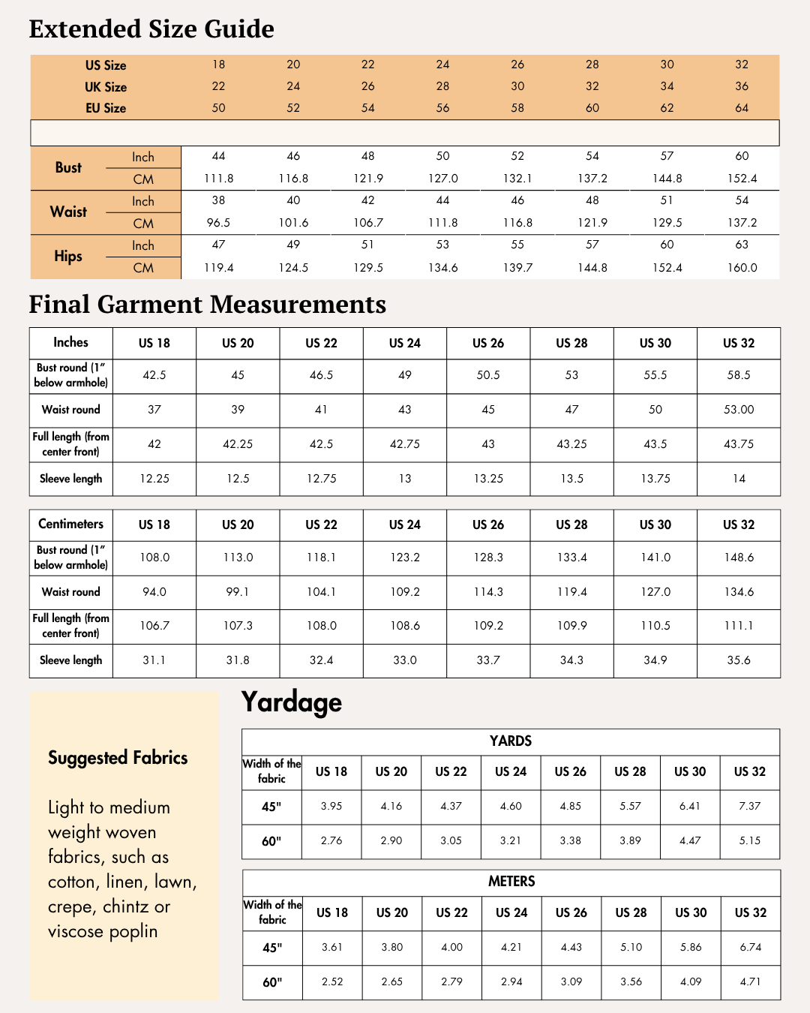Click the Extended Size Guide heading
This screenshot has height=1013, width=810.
click(x=151, y=29)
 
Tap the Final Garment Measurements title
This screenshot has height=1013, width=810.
click(x=208, y=305)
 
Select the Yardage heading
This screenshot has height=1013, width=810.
click(x=292, y=702)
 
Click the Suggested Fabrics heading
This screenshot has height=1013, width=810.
click(x=118, y=758)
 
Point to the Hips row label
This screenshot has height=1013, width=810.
click(x=68, y=257)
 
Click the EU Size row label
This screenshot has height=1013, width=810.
click(x=106, y=108)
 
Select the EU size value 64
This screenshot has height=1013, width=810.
click(x=742, y=108)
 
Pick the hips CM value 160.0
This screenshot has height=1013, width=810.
click(x=742, y=268)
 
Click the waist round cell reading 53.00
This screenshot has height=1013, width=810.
click(x=739, y=410)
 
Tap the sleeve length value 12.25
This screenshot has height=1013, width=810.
click(x=154, y=479)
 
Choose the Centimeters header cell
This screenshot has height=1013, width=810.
click(x=71, y=525)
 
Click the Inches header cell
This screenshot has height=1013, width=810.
click(x=71, y=343)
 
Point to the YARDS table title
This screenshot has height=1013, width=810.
click(x=511, y=741)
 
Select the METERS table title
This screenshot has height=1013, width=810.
click(x=511, y=882)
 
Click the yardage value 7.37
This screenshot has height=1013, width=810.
click(x=750, y=807)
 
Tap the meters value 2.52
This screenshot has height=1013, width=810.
click(x=332, y=981)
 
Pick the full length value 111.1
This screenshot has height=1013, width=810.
click(x=739, y=626)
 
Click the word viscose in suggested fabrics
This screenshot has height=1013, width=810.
click(x=76, y=932)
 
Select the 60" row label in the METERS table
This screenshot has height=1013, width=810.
click(x=272, y=982)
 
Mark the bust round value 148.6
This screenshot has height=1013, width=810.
click(x=739, y=558)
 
